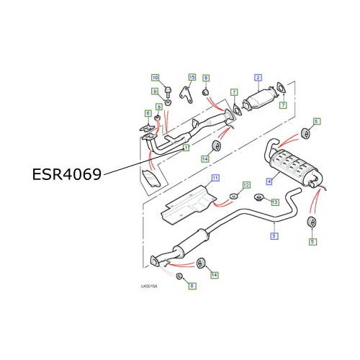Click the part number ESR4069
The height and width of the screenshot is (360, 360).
(66, 174)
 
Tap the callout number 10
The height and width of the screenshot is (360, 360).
(154, 77)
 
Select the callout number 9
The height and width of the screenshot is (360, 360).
(154, 91)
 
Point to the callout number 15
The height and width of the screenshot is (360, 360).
(192, 76)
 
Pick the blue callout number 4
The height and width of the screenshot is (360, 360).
(269, 181)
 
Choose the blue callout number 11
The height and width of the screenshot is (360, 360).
(214, 178)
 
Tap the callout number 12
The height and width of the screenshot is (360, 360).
(246, 185)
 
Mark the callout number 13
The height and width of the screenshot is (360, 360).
(274, 202)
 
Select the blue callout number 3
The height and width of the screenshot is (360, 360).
(274, 235)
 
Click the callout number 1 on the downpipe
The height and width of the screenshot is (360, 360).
(185, 149)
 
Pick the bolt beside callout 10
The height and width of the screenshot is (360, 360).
(167, 91)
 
